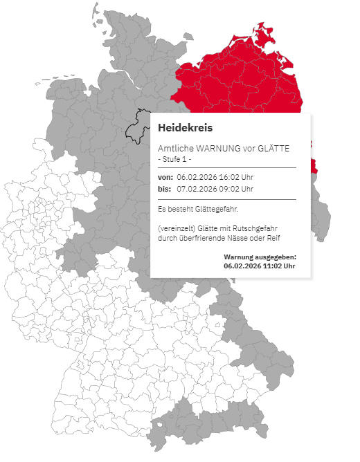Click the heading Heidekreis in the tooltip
[x=185, y=128]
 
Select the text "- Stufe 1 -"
[x=176, y=159]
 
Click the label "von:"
[x=165, y=178]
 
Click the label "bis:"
[x=165, y=189]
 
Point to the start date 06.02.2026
[x=197, y=178]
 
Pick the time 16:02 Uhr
[x=238, y=178]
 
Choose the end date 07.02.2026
[x=197, y=189]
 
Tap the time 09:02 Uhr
[x=238, y=189]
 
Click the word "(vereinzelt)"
[x=178, y=228]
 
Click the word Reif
[x=273, y=239]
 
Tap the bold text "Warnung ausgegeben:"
[x=260, y=257]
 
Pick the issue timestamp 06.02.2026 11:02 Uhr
[x=260, y=266]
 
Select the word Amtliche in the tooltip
[x=175, y=148]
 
